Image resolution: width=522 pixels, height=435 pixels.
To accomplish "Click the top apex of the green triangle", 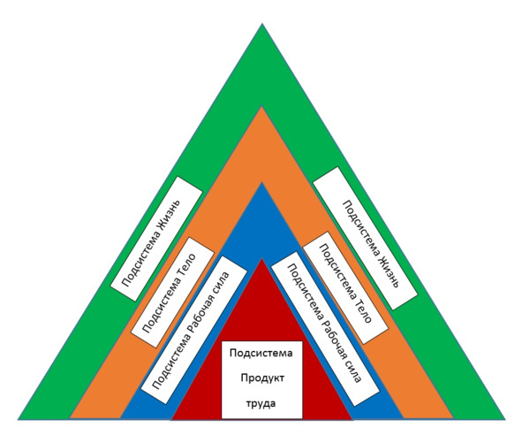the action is pos(262,24).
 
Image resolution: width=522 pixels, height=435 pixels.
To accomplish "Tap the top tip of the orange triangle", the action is pos(262,107).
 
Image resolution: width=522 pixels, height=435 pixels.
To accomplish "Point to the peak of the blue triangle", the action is pos(262,182).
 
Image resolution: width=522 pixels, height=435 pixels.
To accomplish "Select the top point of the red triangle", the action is pos(262,259).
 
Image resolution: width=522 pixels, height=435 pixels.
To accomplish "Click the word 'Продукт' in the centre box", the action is pos(262,378).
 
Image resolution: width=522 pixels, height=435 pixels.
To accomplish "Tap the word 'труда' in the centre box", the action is pos(261,404).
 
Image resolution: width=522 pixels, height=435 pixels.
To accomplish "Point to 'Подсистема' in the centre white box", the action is pos(261,353).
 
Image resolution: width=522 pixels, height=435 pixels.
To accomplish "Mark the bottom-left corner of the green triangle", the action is pos(19,419).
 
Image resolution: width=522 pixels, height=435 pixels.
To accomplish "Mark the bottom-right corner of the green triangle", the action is pos(505,419).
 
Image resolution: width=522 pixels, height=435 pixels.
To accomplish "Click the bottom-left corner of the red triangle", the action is pos(171,419).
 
